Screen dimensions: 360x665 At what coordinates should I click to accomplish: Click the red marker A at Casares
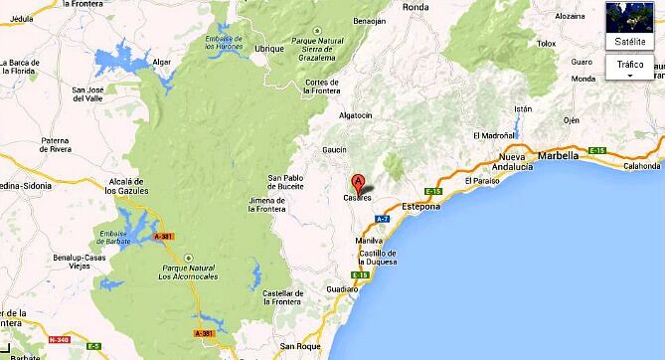click(x=358, y=183)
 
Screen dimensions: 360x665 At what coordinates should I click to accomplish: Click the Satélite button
click(x=629, y=27)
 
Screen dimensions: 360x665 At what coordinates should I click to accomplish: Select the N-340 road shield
click(x=61, y=340)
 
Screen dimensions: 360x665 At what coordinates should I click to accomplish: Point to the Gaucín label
click(x=307, y=149)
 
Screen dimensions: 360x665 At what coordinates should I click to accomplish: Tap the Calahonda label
click(x=642, y=166)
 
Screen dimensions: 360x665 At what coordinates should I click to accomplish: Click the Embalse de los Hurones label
click(x=224, y=42)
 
